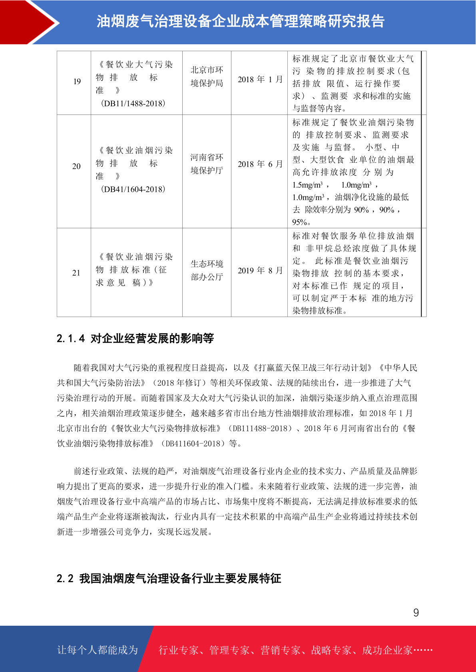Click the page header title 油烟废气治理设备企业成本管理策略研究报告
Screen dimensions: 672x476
(x=240, y=22)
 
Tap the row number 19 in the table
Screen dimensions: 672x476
(x=77, y=82)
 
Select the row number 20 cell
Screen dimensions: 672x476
(x=76, y=166)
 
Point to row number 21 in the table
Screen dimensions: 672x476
(x=76, y=273)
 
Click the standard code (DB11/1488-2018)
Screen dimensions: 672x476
(x=133, y=103)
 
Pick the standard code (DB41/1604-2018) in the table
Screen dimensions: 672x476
(x=133, y=189)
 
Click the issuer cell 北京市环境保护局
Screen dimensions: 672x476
(x=207, y=77)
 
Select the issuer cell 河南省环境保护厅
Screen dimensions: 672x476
(x=207, y=164)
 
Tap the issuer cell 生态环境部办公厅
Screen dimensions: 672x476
(x=207, y=271)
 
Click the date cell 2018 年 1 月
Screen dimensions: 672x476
(x=260, y=79)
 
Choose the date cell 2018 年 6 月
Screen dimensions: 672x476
(x=260, y=164)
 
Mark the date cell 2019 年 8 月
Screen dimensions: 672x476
(x=260, y=271)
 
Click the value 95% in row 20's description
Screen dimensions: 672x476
(x=300, y=222)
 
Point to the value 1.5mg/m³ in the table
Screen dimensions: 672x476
(x=308, y=185)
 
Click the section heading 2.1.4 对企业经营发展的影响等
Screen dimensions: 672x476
(x=135, y=338)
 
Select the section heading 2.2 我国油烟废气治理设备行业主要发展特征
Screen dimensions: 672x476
(x=169, y=578)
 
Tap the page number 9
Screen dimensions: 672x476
(x=416, y=613)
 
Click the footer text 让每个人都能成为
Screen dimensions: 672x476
(x=98, y=650)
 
